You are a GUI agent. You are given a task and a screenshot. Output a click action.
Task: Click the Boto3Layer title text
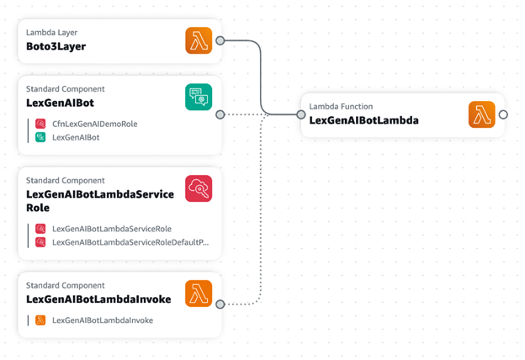[56, 46]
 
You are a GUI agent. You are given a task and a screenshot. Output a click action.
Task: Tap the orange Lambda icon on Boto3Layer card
[199, 40]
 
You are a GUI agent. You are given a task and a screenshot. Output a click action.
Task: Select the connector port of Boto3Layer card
[220, 40]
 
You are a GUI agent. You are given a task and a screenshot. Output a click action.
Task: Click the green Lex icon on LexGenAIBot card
[199, 97]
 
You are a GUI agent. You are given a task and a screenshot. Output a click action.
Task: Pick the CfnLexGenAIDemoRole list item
[95, 124]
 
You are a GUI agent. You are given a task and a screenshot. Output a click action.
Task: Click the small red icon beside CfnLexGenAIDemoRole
[40, 124]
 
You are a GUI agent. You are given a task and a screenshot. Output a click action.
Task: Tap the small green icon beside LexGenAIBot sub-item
[40, 137]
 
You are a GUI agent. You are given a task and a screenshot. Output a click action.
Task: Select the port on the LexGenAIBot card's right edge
[220, 114]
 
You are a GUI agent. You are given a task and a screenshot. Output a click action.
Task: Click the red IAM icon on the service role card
[199, 188]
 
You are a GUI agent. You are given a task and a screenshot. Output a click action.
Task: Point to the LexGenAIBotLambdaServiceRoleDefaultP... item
[130, 242]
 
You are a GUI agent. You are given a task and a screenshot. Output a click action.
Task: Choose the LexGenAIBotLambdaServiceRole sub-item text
[112, 229]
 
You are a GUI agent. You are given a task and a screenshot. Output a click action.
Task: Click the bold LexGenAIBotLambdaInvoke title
[98, 299]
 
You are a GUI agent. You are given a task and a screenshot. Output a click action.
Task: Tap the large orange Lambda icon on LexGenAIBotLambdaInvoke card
[199, 294]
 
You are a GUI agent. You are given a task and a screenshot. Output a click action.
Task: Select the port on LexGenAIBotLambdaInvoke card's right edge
[220, 304]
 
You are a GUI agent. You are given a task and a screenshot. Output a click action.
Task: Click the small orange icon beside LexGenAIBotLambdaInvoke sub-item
[40, 320]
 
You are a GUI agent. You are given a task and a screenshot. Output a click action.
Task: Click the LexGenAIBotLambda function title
[364, 120]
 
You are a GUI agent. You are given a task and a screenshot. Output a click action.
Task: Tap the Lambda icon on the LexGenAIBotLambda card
[482, 114]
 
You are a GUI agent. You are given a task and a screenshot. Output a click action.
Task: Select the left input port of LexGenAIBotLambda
[301, 115]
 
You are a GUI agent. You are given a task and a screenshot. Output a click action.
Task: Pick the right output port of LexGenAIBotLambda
[503, 114]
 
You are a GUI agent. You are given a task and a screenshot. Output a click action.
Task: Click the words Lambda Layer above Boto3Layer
[51, 33]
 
